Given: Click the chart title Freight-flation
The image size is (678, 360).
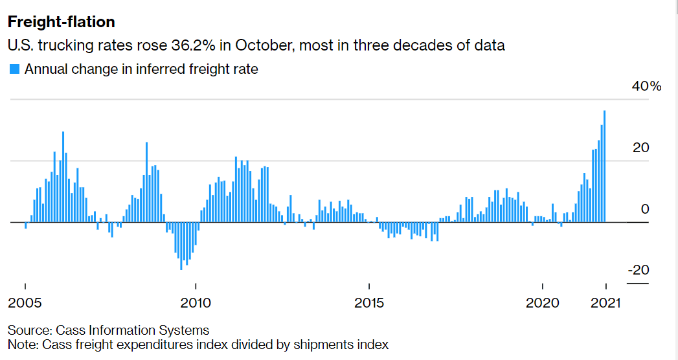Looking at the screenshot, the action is [62, 22].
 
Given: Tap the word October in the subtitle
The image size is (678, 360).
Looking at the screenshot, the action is [264, 45].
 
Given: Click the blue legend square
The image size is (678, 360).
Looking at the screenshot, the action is [15, 69].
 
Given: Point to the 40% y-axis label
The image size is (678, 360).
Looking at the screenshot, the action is [646, 86].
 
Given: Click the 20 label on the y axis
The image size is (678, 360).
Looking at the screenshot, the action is [641, 148].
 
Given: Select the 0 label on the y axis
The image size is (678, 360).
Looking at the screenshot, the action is [645, 209].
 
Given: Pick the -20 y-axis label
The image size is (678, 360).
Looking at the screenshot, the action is [638, 270].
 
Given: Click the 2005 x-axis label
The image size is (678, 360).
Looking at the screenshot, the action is [25, 302].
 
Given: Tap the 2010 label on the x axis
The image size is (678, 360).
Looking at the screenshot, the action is [196, 302].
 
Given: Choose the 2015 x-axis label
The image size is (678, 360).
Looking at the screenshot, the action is [369, 302].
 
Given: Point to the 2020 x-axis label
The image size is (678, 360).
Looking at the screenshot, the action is [542, 302].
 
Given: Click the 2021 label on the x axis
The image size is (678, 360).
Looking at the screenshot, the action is [605, 302].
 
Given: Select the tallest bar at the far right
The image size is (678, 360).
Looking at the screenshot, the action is [604, 166].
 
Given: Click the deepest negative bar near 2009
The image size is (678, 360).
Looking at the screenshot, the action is [181, 246].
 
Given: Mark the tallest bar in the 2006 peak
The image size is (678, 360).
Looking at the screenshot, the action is [63, 177].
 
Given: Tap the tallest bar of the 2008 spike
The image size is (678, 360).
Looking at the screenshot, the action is [146, 182].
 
